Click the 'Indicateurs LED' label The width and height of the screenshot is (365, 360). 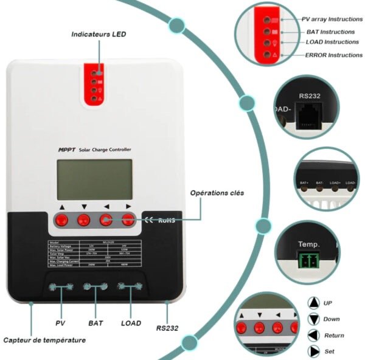99,35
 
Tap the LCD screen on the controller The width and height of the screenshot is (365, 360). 94,179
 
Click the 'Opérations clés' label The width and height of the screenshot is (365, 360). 217,193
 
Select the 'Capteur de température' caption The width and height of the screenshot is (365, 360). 44,341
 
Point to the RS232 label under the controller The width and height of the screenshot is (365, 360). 167,328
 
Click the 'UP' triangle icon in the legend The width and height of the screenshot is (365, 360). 314,303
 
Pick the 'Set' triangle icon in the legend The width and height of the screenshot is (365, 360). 314,351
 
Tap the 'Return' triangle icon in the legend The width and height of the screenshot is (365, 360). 314,335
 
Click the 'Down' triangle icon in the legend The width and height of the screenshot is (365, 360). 314,319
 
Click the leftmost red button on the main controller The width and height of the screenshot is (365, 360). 61,220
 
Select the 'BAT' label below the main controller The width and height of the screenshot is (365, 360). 96,324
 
